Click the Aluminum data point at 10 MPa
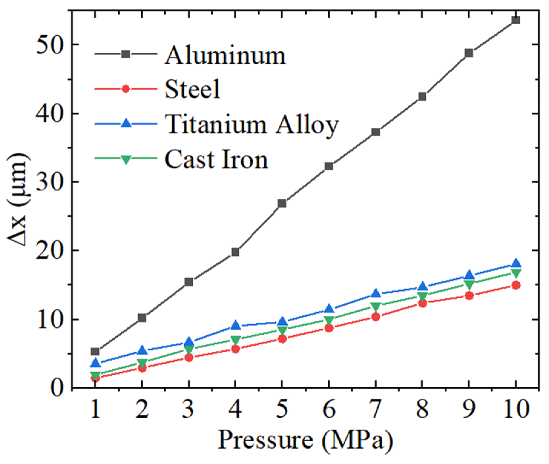coord(516,20)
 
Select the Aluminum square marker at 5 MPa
coord(282,203)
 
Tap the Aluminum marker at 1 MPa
coord(95,351)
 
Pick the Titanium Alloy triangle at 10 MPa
coord(516,263)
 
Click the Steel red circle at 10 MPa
coord(516,285)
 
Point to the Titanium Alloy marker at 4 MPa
coord(235,326)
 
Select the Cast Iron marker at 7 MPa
coord(376,307)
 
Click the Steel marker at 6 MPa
coord(329,328)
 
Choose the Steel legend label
coord(192,89)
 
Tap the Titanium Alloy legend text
coord(251,125)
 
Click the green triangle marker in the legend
coord(126,159)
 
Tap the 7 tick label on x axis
coord(376,409)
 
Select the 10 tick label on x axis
coord(516,409)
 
